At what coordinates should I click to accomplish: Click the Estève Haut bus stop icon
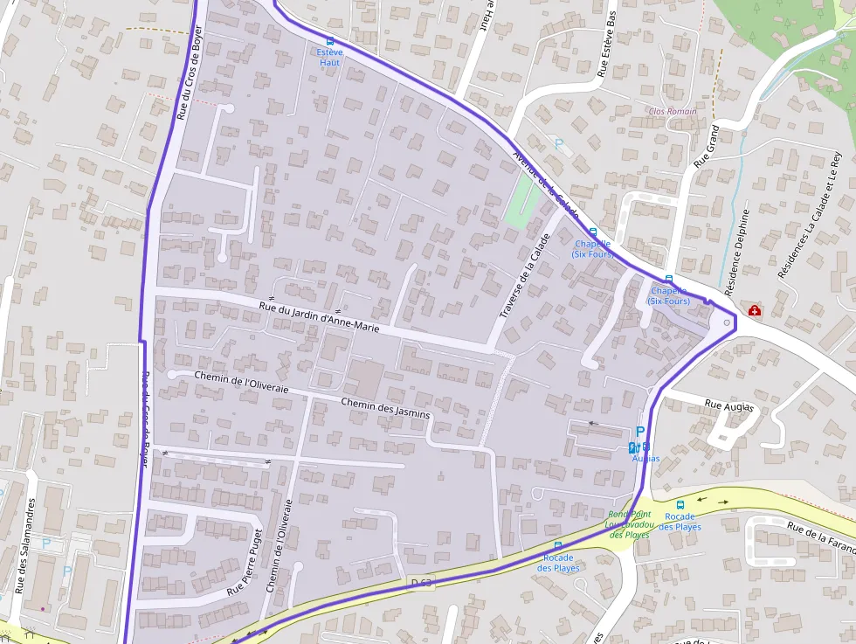pos(329,41)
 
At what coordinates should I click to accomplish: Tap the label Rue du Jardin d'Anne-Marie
pos(320,316)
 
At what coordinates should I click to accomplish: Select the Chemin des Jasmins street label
pos(385,407)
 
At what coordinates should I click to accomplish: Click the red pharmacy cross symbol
pos(754,310)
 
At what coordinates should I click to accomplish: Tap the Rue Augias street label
pos(726,405)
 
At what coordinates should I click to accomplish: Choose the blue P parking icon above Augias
pos(640,432)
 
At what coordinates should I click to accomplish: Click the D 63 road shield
pos(422,582)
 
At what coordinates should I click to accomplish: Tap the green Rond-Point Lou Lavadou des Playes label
pos(630,524)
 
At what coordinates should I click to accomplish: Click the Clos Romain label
pos(673,111)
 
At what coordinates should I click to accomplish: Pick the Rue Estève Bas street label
pos(606,45)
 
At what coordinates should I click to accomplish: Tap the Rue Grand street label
pos(706,146)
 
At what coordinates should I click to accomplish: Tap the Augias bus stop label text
pos(645,459)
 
